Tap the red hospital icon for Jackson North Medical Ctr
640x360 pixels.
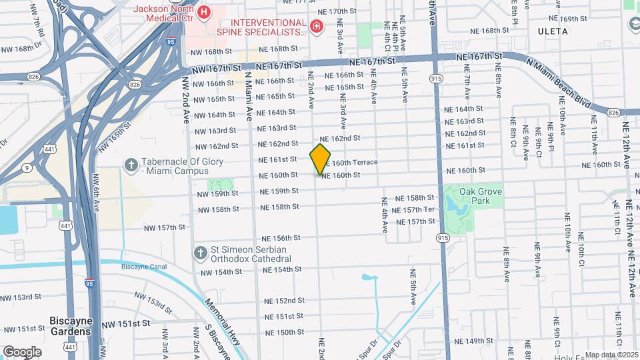[x=205, y=11]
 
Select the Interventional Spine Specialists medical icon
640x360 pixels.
[x=317, y=26]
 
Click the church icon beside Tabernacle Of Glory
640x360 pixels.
[x=131, y=164]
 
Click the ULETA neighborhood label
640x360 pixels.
[x=553, y=31]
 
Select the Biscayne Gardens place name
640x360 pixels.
[x=70, y=325]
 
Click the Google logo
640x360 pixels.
[x=22, y=351]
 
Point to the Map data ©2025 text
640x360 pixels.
[x=611, y=355]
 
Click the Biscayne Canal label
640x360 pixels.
[x=143, y=266]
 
